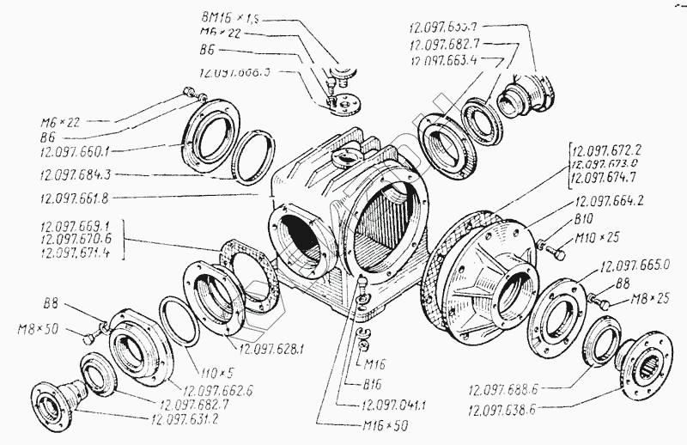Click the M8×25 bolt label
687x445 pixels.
658,300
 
